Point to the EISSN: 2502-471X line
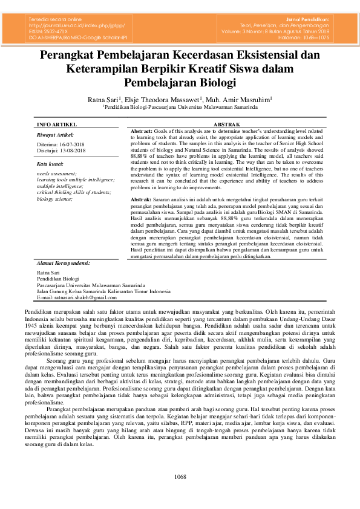click(49, 31)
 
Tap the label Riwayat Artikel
click(55, 134)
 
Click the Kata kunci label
click(50, 164)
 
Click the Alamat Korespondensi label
click(64, 263)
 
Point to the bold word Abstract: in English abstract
click(142, 131)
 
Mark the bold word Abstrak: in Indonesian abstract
click(141, 199)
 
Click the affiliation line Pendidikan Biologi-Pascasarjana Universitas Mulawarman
click(180, 106)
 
